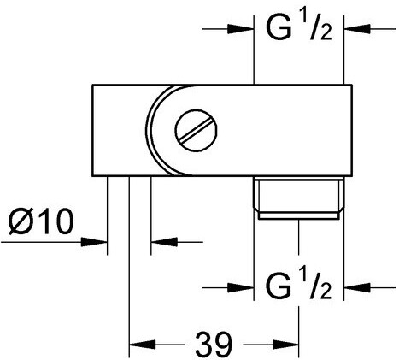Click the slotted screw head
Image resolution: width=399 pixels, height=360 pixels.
[196, 130]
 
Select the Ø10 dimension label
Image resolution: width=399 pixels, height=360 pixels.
[41, 221]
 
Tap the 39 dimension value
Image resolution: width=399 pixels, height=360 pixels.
[214, 345]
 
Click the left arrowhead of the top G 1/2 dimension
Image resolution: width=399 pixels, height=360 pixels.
[241, 29]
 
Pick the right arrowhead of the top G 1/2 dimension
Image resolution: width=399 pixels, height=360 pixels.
[357, 29]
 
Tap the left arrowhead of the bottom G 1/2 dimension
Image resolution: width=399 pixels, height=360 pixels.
[241, 288]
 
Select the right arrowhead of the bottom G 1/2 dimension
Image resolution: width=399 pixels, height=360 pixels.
[357, 288]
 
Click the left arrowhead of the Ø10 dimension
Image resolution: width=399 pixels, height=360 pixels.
[94, 242]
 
